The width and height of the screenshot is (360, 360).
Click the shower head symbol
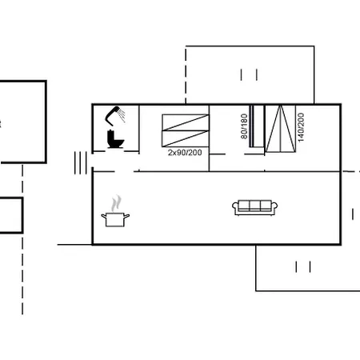tap(117, 113)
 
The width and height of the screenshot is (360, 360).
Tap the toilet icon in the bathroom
tap(115, 140)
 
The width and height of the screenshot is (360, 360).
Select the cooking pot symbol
tap(114, 218)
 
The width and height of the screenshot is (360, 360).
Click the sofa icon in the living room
tap(255, 207)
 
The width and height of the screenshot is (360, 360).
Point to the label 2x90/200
tap(184, 151)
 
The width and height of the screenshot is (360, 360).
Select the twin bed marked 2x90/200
tap(184, 129)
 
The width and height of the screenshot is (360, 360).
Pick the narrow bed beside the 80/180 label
tap(255, 126)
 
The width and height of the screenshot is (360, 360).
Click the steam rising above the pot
tap(118, 201)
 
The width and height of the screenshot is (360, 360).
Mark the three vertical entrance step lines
tap(80, 162)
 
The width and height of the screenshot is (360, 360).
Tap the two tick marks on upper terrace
tap(248, 74)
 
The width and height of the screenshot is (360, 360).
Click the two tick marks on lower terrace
tap(302, 266)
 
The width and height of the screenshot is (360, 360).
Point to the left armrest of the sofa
tap(236, 208)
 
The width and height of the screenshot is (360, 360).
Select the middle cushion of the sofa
tap(255, 206)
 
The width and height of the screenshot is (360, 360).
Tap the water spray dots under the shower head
tap(122, 118)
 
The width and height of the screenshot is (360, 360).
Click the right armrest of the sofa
tap(274, 208)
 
